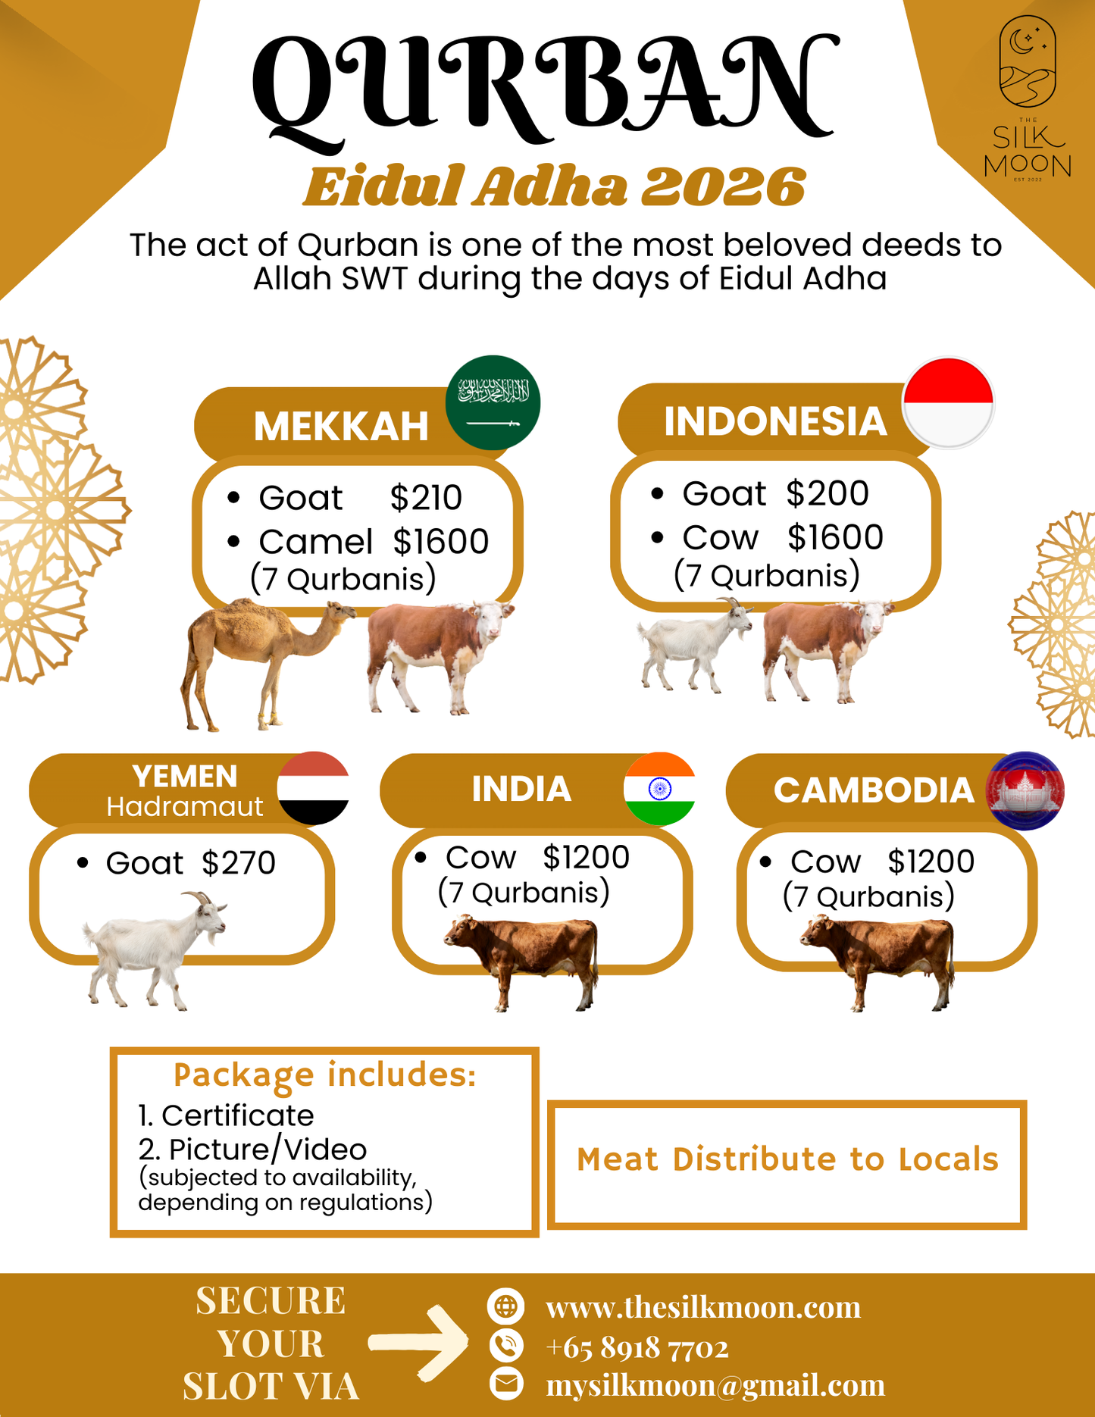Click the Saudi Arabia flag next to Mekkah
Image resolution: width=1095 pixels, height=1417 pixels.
click(493, 402)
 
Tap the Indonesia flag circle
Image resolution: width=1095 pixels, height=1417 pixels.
click(948, 402)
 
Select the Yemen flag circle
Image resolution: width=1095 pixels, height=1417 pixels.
click(313, 788)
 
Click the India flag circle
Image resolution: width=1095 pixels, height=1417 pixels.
click(659, 789)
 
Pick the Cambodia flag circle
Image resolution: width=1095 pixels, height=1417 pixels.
click(1025, 790)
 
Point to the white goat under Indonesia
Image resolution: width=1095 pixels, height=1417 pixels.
click(693, 644)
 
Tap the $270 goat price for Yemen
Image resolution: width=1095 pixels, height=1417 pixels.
click(239, 863)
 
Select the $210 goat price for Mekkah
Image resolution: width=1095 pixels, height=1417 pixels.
click(426, 498)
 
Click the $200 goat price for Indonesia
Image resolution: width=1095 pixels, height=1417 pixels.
click(827, 493)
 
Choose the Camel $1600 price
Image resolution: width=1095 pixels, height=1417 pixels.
click(440, 541)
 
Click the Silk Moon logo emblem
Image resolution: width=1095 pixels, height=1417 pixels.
click(1027, 62)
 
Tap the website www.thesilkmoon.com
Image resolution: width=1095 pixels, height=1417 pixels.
click(703, 1307)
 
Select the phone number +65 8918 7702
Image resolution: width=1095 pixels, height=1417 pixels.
click(637, 1347)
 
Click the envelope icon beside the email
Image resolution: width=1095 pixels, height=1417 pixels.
click(505, 1383)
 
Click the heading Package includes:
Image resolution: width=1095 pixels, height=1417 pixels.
click(324, 1074)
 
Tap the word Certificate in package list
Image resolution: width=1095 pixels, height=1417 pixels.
click(237, 1115)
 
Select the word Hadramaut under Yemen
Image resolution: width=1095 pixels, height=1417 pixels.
click(184, 807)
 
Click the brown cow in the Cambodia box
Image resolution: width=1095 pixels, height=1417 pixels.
click(879, 959)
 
